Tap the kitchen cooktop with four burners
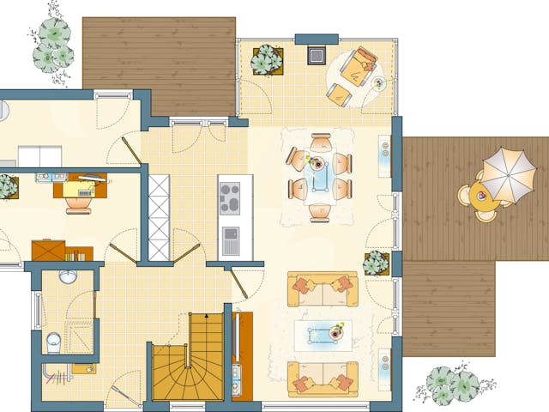pyautogui.click(x=230, y=199)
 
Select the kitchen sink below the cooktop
pyautogui.click(x=230, y=240)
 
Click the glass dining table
pyautogui.click(x=321, y=175)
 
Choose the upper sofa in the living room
pyautogui.click(x=323, y=288)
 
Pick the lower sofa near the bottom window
pyautogui.click(x=323, y=378)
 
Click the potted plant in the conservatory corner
pyautogui.click(x=268, y=60)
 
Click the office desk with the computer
pyautogui.click(x=81, y=187)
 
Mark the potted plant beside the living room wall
pyautogui.click(x=375, y=264)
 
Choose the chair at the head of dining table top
pyautogui.click(x=321, y=142)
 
